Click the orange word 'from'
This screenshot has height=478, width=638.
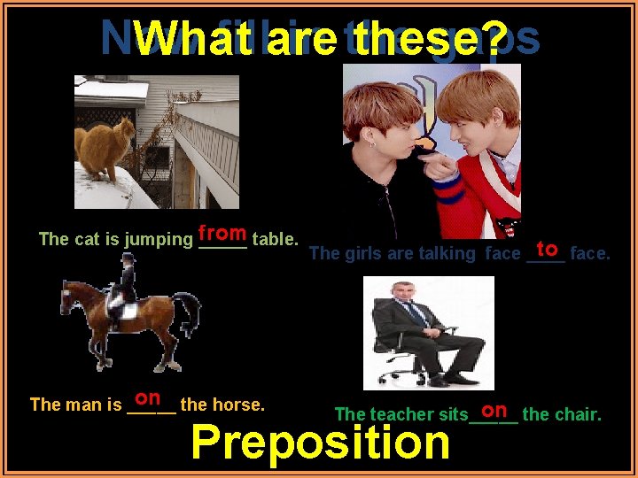point(222,234)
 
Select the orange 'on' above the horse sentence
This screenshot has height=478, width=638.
point(148,400)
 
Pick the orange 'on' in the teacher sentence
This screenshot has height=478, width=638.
point(495,409)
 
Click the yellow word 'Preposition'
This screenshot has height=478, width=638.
point(320,442)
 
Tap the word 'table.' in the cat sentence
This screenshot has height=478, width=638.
point(275,238)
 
